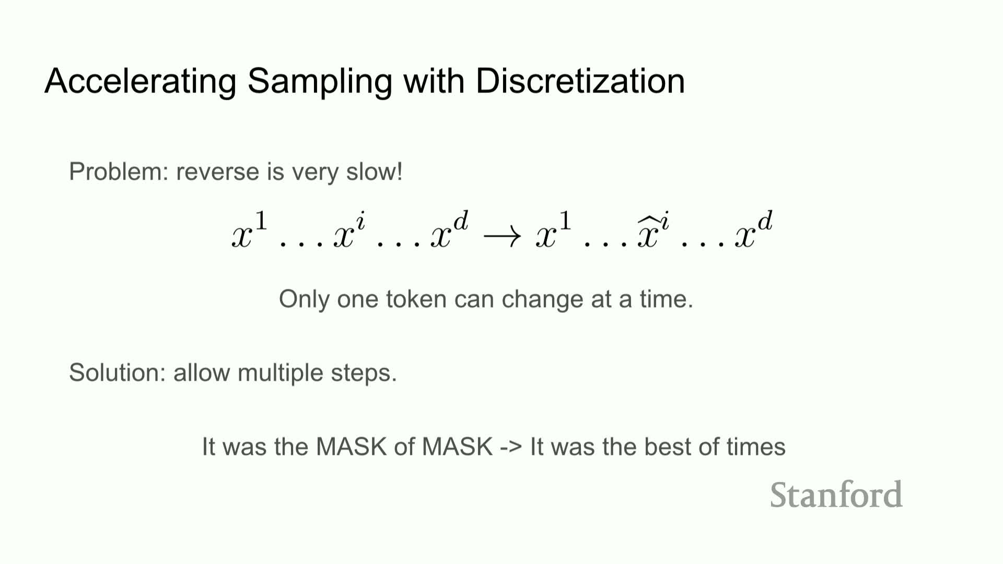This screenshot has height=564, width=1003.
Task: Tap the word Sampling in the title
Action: pyautogui.click(x=320, y=82)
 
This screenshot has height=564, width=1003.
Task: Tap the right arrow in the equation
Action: pyautogui.click(x=502, y=237)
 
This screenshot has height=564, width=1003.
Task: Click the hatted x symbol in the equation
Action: pyautogui.click(x=653, y=230)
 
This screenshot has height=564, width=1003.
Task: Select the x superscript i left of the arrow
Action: pyautogui.click(x=349, y=230)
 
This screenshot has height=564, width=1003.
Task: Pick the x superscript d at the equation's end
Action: pyautogui.click(x=753, y=230)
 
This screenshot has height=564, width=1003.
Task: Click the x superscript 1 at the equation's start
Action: pyautogui.click(x=250, y=230)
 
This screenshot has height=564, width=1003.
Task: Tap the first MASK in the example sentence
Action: pyautogui.click(x=352, y=446)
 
